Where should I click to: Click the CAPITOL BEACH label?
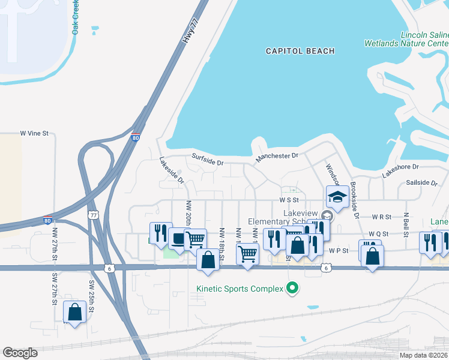tap(300, 51)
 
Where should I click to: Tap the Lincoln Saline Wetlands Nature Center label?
tap(406, 40)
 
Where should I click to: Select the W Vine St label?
tap(34, 133)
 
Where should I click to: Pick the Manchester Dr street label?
tap(277, 156)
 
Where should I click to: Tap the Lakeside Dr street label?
tap(172, 170)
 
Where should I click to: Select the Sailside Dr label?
tap(421, 182)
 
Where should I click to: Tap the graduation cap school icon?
tap(337, 196)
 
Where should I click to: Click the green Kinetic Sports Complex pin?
tap(292, 289)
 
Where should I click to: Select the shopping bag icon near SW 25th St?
tap(74, 312)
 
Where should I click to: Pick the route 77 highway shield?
tap(93, 214)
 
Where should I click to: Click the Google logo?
tap(20, 353)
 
